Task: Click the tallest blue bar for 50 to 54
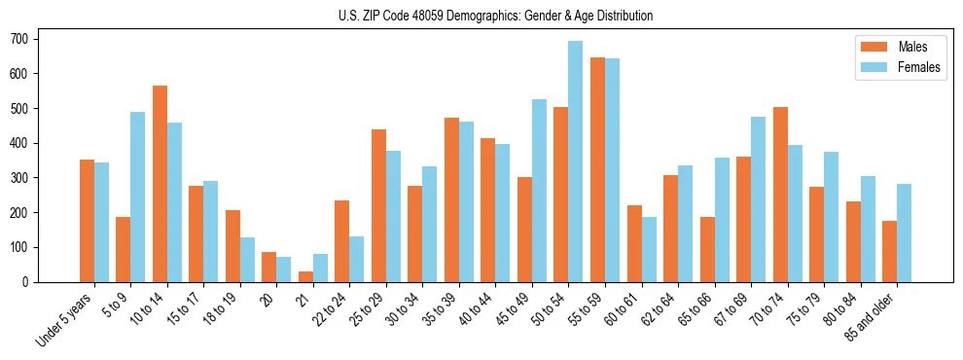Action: point(576,162)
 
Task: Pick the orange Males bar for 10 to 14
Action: point(160,184)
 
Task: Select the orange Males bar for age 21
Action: point(305,276)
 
